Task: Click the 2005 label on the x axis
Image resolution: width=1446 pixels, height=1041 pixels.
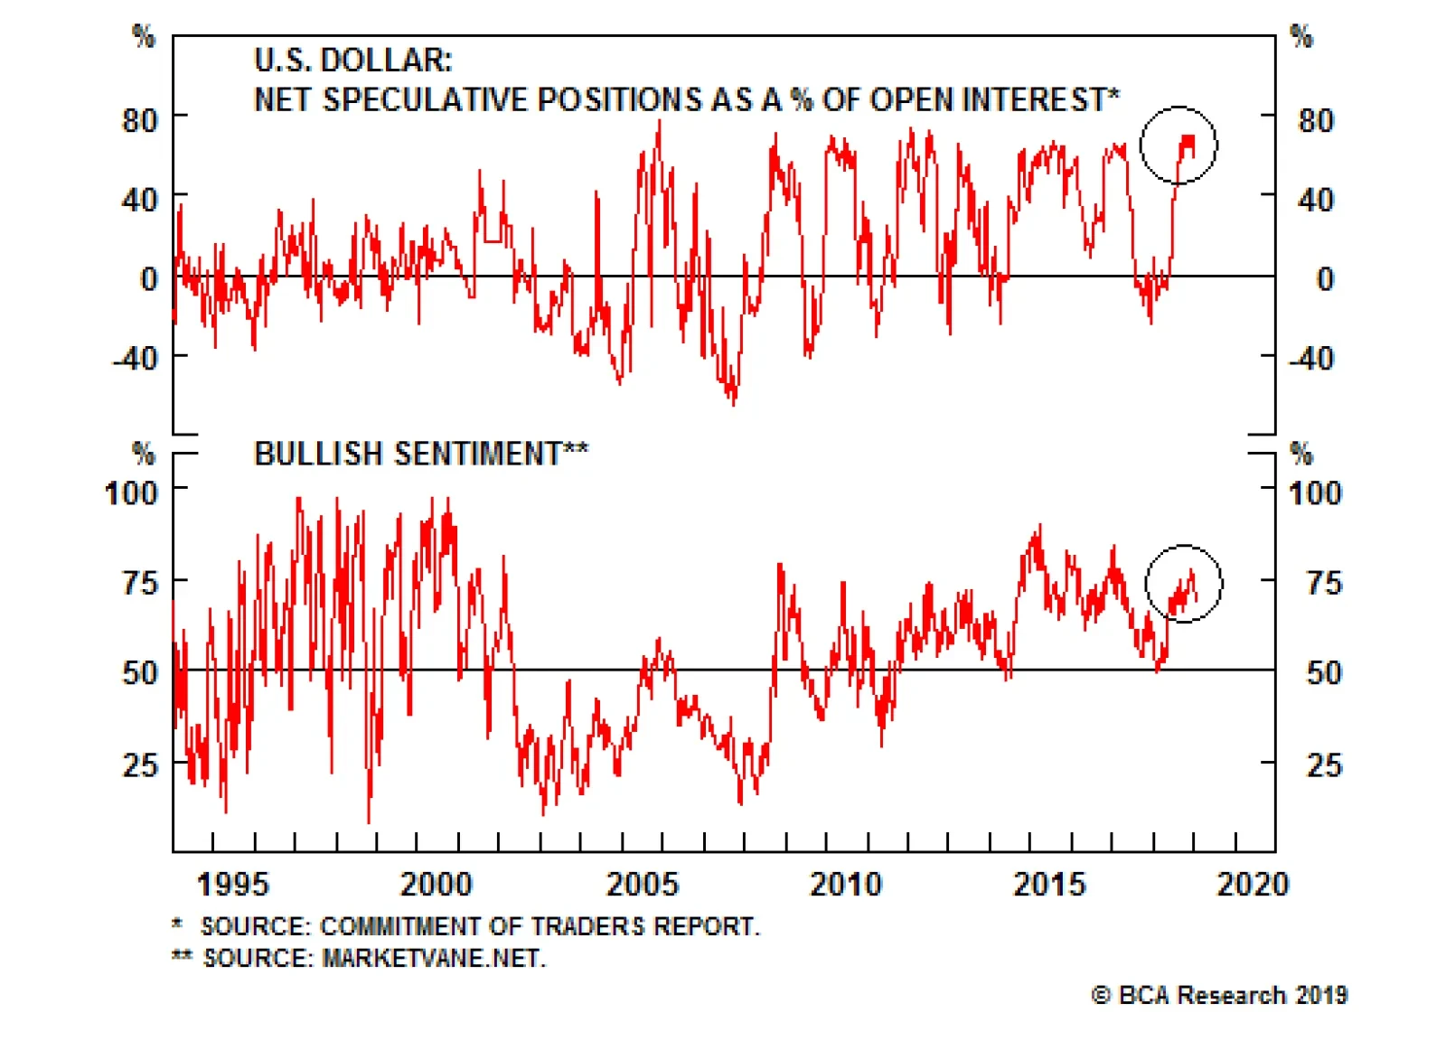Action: tap(642, 884)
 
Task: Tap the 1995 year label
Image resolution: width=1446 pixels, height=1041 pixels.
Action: tap(233, 884)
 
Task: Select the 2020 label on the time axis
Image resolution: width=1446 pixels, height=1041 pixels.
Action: tap(1253, 884)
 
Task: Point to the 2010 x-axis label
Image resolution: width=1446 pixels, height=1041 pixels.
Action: tap(845, 884)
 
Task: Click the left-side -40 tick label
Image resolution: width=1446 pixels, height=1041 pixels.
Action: tap(136, 359)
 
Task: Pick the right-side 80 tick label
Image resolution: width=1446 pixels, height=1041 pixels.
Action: tap(1316, 121)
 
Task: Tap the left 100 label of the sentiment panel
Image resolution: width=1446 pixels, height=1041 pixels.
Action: tap(132, 493)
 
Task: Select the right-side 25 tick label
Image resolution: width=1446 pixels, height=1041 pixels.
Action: tap(1324, 765)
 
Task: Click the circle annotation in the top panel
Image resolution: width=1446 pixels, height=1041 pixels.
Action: tap(1178, 145)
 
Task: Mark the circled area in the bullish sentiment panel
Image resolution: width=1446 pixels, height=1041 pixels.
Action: tap(1184, 584)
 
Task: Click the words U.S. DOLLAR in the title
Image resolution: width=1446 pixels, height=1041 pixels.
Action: tap(353, 61)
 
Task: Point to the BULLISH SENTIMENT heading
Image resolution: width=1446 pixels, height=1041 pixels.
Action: tap(421, 453)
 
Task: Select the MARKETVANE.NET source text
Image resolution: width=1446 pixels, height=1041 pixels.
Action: tap(434, 958)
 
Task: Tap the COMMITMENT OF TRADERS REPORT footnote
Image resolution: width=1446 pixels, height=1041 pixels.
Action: tap(540, 926)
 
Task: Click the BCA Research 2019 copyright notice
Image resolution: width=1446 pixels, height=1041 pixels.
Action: tap(1219, 995)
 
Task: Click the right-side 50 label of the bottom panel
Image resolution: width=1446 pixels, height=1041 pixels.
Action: tap(1324, 673)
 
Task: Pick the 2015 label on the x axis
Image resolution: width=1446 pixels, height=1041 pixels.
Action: tap(1049, 884)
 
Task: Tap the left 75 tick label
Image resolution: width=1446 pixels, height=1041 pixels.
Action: tap(140, 583)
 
